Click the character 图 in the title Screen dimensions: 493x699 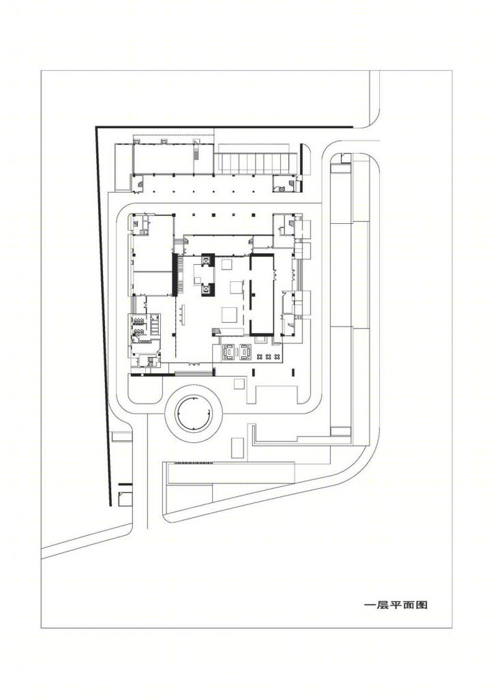coord(422,605)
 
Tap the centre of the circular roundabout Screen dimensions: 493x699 coord(193,414)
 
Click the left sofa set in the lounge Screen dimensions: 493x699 coord(229,352)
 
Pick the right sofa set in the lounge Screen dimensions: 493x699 coord(245,352)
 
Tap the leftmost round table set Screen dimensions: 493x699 coord(260,356)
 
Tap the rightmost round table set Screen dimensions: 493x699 coord(277,356)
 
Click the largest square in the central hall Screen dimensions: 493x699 coord(230,314)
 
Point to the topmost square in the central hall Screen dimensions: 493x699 coord(226,264)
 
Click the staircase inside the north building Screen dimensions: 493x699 coord(196,153)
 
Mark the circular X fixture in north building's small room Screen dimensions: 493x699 coord(282,188)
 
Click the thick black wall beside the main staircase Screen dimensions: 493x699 coord(175,274)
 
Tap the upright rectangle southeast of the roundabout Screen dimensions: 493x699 coord(237,448)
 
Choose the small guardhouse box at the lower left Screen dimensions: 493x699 coord(125,499)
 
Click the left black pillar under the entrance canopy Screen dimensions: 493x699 coord(254,372)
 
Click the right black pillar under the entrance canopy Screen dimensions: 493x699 coord(293,372)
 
